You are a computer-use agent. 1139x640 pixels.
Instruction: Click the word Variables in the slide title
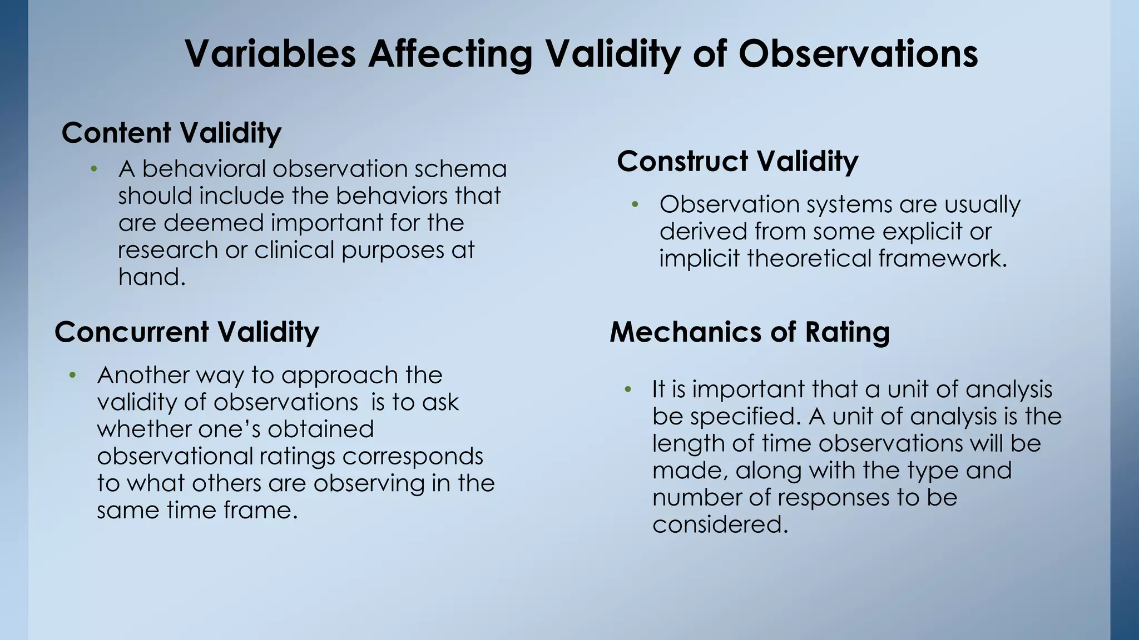[x=270, y=54]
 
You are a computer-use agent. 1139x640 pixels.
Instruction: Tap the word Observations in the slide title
[x=858, y=54]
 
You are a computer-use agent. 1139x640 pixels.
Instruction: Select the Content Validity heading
[x=171, y=133]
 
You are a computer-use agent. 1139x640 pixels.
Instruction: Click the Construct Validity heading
[x=737, y=162]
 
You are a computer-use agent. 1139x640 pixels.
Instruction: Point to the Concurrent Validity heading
[x=187, y=332]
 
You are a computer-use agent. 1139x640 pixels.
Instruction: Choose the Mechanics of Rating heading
[x=750, y=332]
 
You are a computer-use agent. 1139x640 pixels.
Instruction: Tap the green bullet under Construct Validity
[x=636, y=205]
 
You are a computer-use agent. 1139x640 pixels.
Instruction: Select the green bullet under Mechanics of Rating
[x=628, y=389]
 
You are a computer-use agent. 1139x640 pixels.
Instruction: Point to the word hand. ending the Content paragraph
[x=151, y=277]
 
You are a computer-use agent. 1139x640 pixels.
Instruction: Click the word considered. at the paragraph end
[x=720, y=524]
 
